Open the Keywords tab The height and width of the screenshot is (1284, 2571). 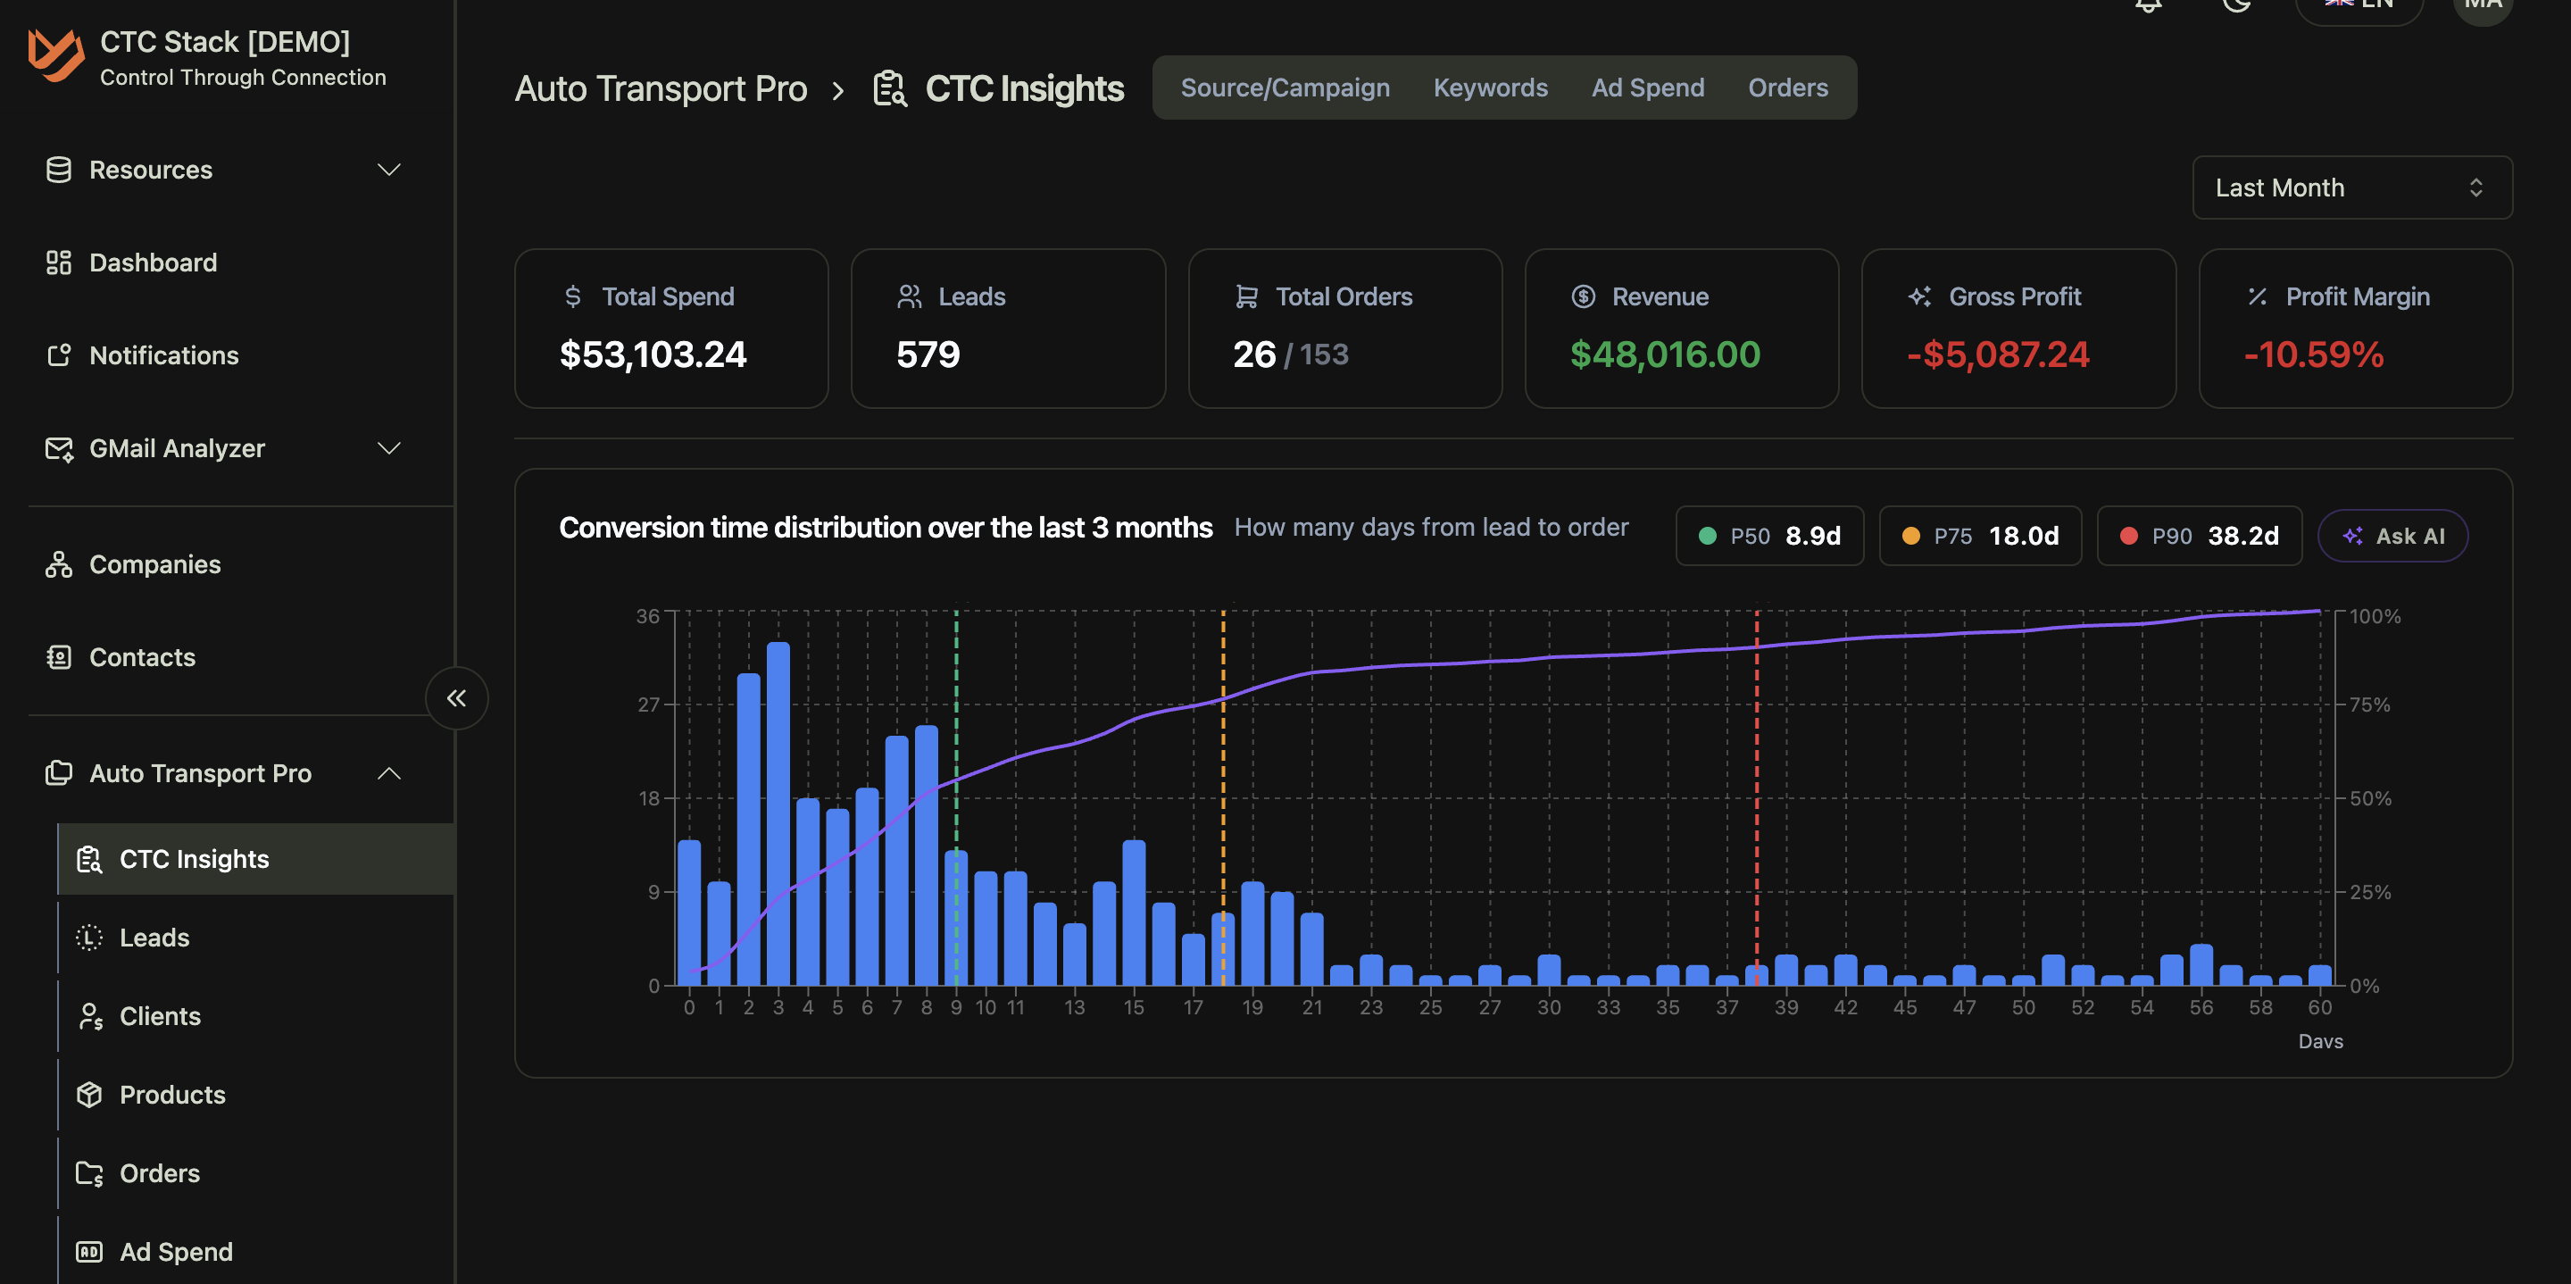click(x=1490, y=88)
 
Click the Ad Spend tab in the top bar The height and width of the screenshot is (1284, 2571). click(x=1647, y=88)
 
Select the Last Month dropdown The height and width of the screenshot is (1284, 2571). click(x=2351, y=188)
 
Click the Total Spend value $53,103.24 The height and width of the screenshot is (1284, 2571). click(x=653, y=354)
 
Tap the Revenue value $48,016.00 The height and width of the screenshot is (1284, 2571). click(x=1664, y=354)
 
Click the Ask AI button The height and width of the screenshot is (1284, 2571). click(x=2392, y=536)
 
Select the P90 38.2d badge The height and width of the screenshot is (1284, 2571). click(x=2199, y=536)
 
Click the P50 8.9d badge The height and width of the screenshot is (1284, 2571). click(x=1768, y=536)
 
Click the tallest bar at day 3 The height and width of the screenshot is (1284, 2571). click(x=778, y=813)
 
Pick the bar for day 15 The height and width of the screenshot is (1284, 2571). click(x=1134, y=913)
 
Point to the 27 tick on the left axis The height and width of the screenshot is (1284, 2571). click(x=649, y=705)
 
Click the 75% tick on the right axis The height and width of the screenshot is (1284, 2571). click(x=2369, y=705)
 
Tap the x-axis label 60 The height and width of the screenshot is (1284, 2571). click(x=2319, y=1007)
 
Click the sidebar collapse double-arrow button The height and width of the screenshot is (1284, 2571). click(x=456, y=698)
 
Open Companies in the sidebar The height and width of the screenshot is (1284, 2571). click(x=154, y=564)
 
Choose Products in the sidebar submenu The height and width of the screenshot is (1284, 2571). click(x=171, y=1095)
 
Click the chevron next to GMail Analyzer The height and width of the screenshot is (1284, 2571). click(x=389, y=448)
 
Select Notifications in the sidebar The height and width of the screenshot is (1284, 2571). click(x=163, y=355)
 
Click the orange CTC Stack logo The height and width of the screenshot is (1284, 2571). click(x=54, y=55)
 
